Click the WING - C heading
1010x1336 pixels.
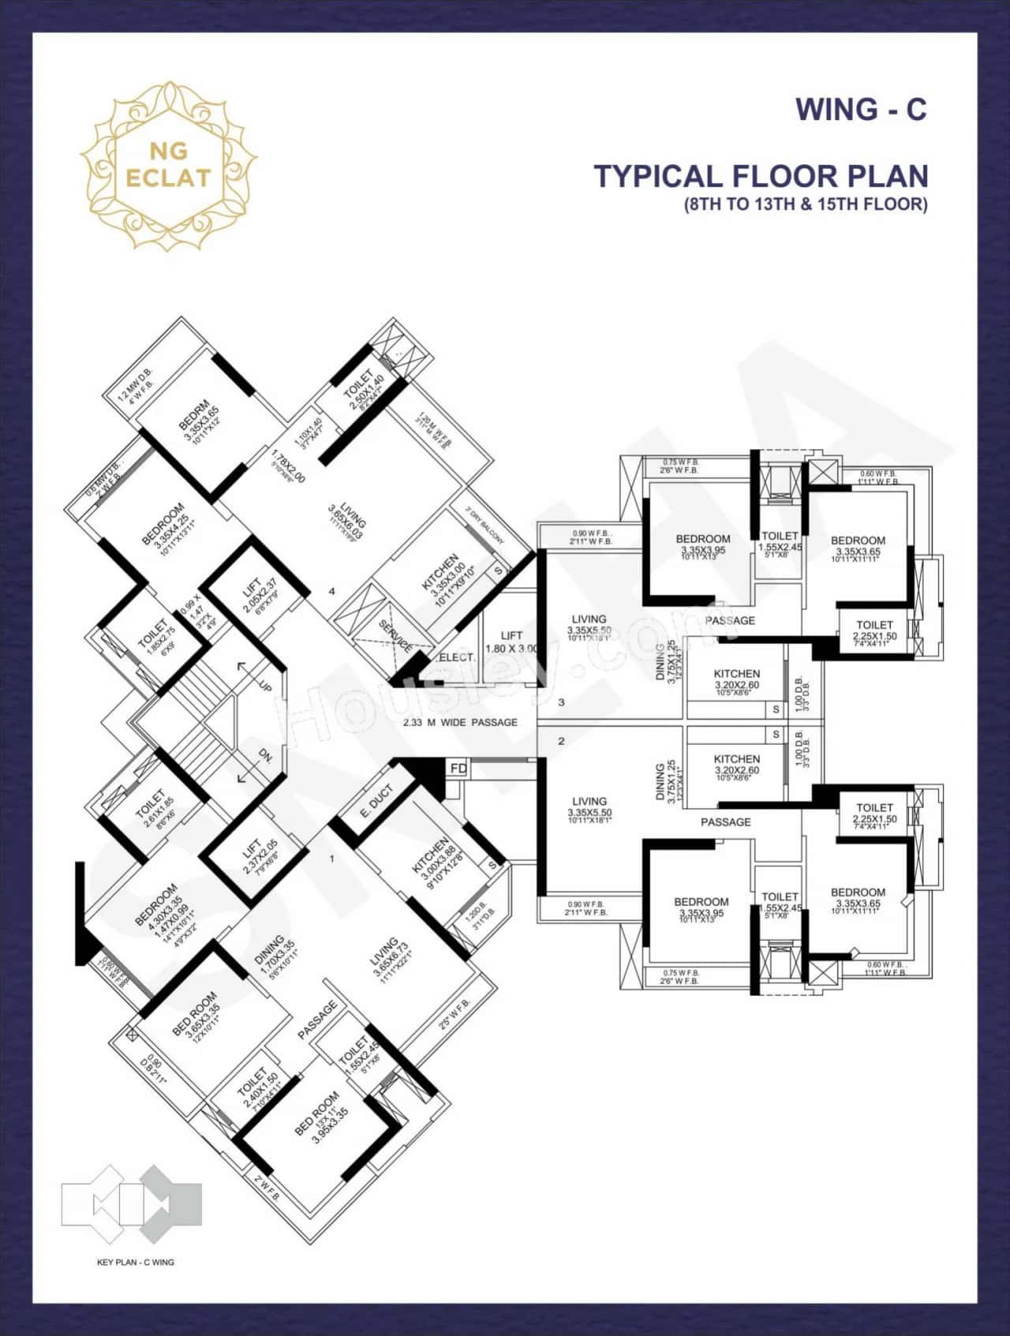[x=861, y=109]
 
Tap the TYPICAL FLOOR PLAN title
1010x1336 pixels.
[x=760, y=176]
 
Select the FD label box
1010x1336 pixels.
[x=458, y=768]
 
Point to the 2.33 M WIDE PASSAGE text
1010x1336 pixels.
[x=460, y=722]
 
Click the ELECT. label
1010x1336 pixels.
[x=457, y=657]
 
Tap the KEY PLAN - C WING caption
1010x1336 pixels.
[x=135, y=1262]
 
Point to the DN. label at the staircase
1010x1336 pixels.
[x=265, y=758]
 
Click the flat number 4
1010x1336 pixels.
[x=332, y=591]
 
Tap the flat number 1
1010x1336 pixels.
[x=332, y=858]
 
